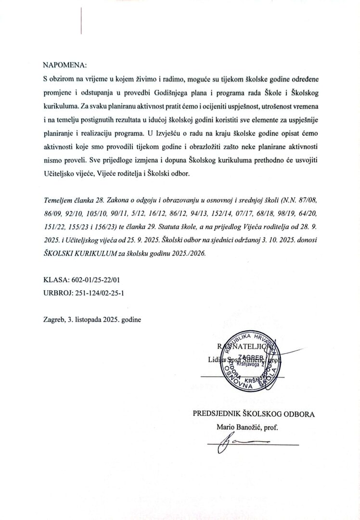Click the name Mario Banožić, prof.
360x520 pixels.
(248, 427)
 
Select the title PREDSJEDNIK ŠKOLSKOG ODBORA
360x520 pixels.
(254, 414)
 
